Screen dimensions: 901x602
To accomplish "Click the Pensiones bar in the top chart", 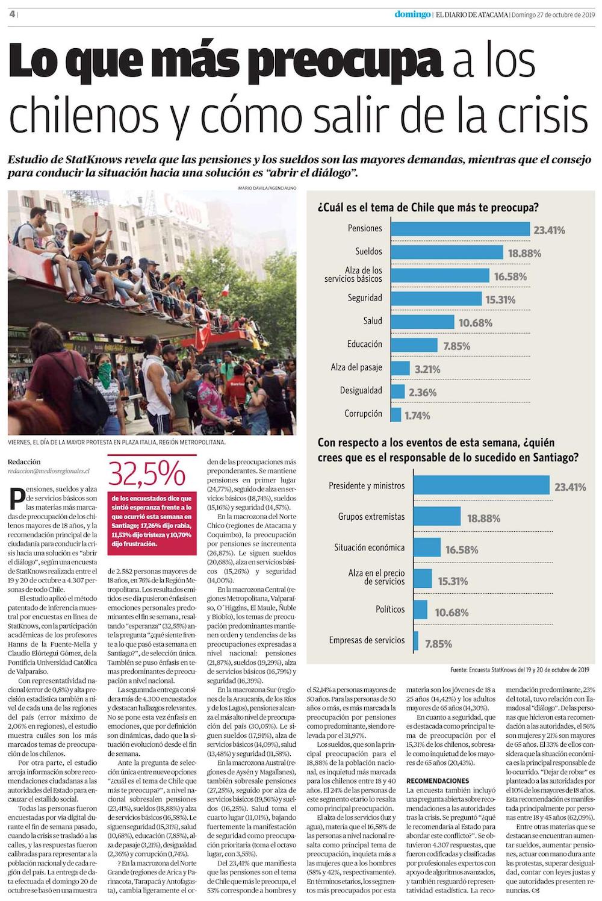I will tap(461, 229).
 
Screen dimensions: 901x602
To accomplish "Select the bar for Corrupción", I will tap(396, 414).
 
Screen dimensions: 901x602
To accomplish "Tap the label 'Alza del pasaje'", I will tap(356, 367).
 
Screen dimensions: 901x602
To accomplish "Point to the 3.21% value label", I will tap(427, 369).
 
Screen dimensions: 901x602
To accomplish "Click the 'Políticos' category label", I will tap(389, 609).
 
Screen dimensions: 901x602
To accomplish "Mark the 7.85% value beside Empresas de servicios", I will tap(438, 644).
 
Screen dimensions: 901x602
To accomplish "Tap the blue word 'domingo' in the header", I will tap(412, 15).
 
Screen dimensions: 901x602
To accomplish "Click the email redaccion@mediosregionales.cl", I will tap(49, 472).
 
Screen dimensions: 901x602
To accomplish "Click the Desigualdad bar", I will tap(398, 391).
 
